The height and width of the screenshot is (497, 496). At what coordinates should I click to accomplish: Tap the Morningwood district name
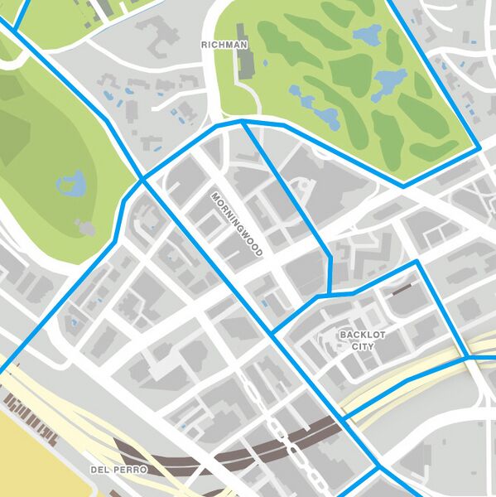tap(236, 224)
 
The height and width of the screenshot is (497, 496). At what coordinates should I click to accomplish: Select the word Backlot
tap(363, 335)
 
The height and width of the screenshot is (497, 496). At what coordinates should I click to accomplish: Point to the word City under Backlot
tap(363, 346)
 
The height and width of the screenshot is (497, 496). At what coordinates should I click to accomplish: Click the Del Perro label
tap(119, 470)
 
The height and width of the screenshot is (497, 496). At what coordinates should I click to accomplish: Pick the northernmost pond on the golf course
tap(368, 35)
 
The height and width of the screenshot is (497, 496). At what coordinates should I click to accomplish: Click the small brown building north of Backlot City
tap(403, 290)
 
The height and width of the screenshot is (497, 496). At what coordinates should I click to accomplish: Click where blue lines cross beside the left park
tap(142, 178)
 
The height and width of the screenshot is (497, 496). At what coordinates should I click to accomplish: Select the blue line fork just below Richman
tap(242, 122)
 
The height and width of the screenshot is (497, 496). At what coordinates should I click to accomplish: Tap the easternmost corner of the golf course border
tap(479, 149)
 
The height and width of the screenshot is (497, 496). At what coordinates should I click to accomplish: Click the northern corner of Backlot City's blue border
tap(417, 263)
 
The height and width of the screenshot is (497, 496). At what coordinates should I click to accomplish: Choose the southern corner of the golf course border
tap(403, 186)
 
